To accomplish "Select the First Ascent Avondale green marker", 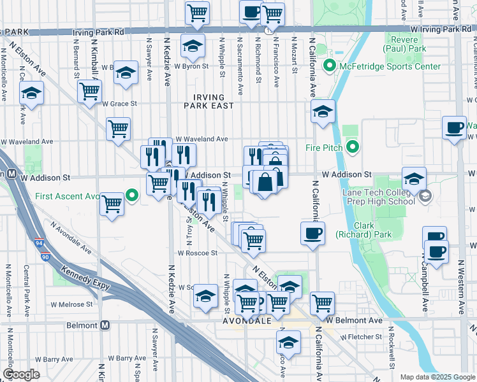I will click(x=132, y=195).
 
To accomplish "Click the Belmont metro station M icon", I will click(x=106, y=325).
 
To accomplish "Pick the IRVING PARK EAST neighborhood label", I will click(x=209, y=101).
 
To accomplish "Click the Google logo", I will click(x=21, y=374).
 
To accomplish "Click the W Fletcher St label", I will click(x=361, y=337).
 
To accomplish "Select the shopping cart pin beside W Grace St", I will click(x=89, y=90).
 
